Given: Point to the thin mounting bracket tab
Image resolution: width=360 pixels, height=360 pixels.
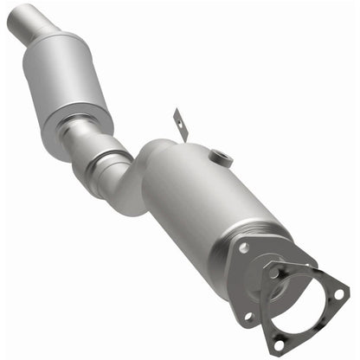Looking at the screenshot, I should click(x=178, y=122).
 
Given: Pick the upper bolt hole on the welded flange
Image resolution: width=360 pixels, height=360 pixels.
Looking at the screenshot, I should click(x=243, y=247).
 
